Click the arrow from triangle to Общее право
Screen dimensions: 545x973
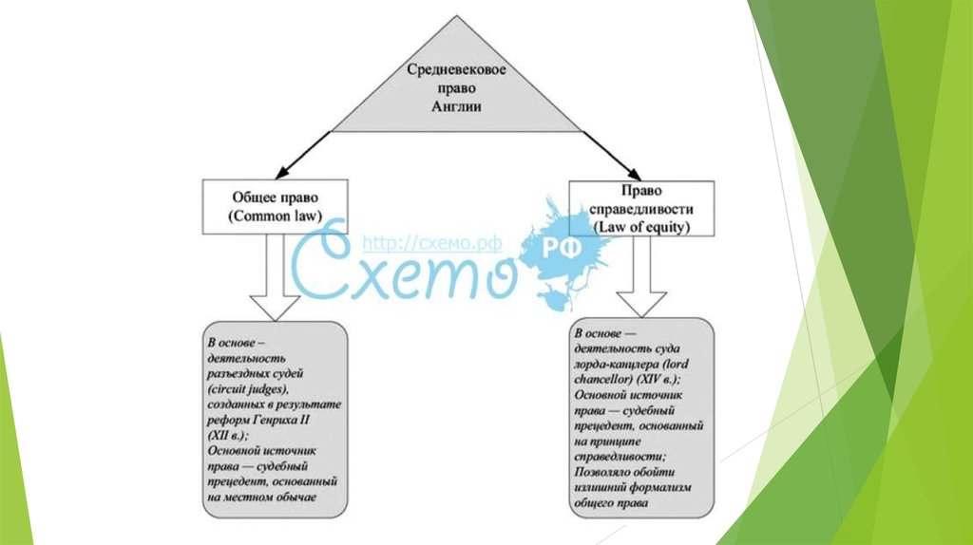pyautogui.click(x=307, y=152)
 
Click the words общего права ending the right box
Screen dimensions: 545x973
pyautogui.click(x=611, y=501)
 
